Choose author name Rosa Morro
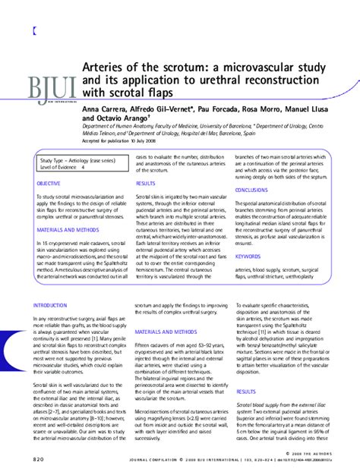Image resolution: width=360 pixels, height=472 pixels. (x=280, y=109)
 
